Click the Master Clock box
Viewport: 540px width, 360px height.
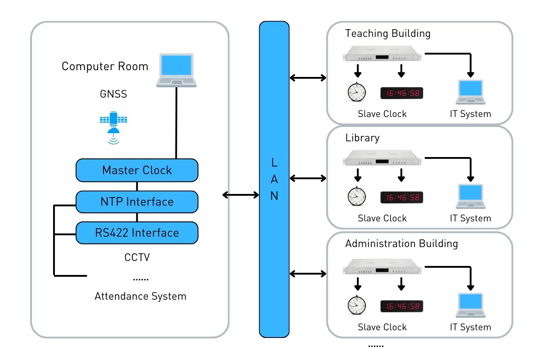pos(137,170)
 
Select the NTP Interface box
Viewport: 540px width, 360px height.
pos(137,202)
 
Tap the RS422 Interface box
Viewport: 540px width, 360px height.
pos(137,233)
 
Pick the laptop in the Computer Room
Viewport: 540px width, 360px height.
pos(176,70)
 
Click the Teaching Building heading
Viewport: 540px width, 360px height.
pos(387,33)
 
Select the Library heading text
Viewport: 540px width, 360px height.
pos(362,138)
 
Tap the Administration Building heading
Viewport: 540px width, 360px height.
pos(401,243)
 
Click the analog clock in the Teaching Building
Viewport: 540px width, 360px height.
pos(357,92)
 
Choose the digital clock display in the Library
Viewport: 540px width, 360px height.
pos(402,197)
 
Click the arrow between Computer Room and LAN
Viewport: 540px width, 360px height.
pos(241,195)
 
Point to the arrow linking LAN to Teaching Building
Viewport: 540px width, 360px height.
pos(308,78)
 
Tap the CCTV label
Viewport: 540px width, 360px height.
pos(137,257)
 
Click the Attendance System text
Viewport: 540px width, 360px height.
pos(140,296)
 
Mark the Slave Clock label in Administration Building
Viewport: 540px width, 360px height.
pos(382,327)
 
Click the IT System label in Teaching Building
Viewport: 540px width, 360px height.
pos(470,114)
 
